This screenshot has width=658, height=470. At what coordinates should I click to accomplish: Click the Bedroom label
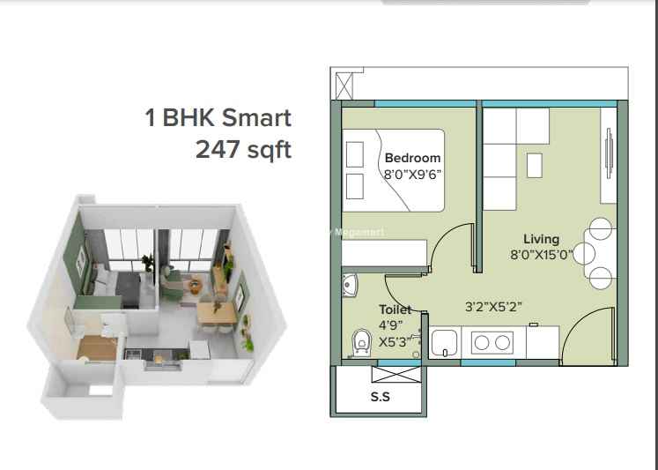412,158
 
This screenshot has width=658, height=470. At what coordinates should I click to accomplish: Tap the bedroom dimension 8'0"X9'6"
412,174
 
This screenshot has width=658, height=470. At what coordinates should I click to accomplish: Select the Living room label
541,240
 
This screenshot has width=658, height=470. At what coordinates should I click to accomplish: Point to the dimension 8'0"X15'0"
542,255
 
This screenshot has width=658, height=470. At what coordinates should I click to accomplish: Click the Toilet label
395,310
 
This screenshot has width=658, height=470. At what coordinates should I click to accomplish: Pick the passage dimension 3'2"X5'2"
493,307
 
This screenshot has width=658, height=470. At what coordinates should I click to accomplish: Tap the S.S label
381,397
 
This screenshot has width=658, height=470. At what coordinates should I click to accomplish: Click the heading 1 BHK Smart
218,117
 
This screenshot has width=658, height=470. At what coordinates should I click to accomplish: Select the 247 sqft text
243,150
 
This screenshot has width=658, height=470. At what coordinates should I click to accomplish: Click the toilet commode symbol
362,342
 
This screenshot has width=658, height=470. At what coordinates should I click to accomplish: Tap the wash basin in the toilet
350,285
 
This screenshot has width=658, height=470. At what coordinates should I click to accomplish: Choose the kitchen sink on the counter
445,342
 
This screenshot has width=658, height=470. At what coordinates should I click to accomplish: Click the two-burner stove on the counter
492,343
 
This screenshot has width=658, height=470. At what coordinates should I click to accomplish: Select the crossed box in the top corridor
344,86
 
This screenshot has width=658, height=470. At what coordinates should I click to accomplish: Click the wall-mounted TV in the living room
609,153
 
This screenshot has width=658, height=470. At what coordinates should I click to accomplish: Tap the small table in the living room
534,165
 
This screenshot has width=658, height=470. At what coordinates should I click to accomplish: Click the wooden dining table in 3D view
217,314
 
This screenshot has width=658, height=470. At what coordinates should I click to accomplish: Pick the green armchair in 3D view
172,285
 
